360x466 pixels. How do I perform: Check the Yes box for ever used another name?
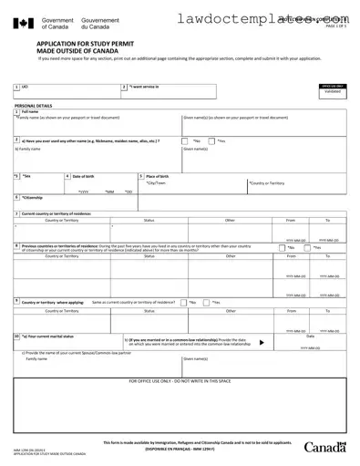(x=211, y=141)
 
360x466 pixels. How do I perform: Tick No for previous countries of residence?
(x=282, y=247)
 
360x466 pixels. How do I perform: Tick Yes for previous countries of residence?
(x=309, y=247)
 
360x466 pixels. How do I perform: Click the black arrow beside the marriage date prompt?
(x=262, y=343)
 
